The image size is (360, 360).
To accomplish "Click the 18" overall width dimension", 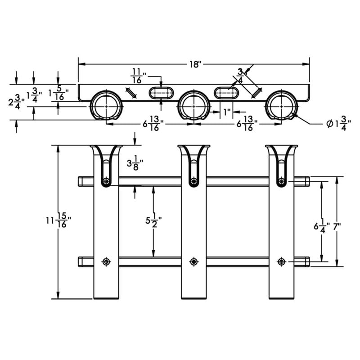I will pos(194,64).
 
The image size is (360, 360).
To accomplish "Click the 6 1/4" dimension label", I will pos(321,226).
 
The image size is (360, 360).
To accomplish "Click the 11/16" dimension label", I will pos(137,75).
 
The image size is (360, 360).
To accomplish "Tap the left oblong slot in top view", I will pos(161,93).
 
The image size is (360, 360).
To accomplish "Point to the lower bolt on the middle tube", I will pos(193,261).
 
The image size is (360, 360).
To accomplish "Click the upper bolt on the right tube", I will pos(281,181).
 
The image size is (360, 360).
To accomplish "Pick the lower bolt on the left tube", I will pos(106,261).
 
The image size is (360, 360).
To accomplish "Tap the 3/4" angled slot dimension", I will pos(241,75).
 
